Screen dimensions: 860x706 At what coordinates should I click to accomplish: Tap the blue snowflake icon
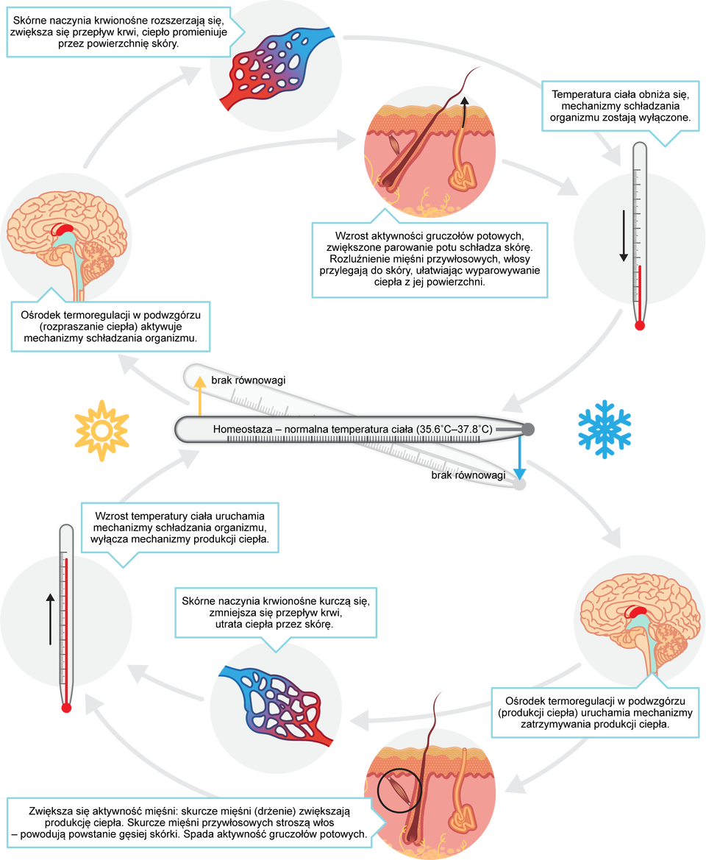click(x=605, y=430)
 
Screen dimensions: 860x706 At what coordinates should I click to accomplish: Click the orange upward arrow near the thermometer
click(x=199, y=394)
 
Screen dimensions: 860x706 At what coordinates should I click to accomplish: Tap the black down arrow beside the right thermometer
click(x=624, y=235)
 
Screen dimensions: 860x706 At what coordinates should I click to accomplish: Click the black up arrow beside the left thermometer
click(x=50, y=618)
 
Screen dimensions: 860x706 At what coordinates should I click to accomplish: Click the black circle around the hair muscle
click(x=396, y=788)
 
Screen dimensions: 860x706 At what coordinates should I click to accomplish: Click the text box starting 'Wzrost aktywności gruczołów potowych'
click(x=429, y=258)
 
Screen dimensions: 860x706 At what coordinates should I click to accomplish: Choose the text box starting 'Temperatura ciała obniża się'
click(x=620, y=106)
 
